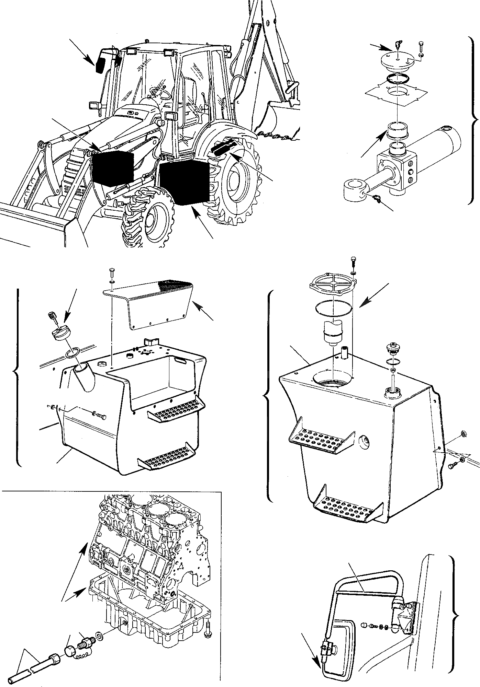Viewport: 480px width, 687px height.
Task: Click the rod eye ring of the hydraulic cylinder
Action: [x=354, y=189]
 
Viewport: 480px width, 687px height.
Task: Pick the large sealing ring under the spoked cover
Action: [x=333, y=307]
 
